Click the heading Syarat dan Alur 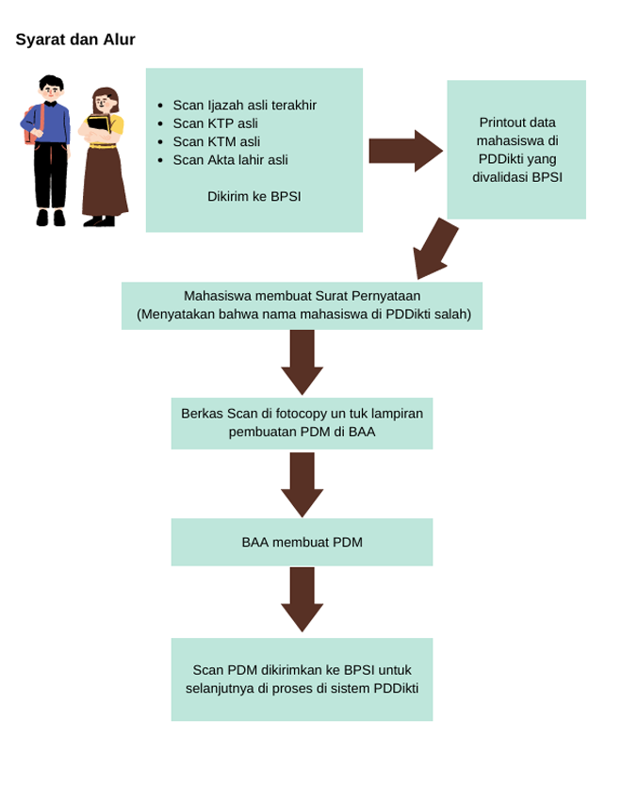[75, 40]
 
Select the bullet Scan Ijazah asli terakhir [244, 105]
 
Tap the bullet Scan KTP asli [215, 123]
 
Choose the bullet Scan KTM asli [216, 141]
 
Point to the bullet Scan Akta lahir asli [230, 159]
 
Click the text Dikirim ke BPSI [254, 196]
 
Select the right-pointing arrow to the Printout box [404, 151]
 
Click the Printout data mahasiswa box [516, 149]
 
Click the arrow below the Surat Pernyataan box [302, 361]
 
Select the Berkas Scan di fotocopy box [302, 422]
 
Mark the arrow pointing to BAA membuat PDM [302, 483]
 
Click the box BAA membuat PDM [302, 542]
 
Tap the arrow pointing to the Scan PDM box [302, 598]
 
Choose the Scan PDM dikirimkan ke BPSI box [302, 679]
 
